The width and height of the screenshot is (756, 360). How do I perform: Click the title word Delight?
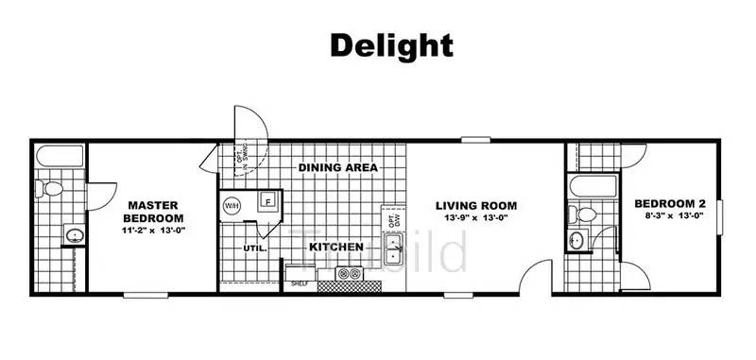pyautogui.click(x=390, y=44)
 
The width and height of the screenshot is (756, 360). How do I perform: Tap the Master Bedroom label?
pyautogui.click(x=147, y=211)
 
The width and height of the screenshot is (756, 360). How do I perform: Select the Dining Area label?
pyautogui.click(x=338, y=167)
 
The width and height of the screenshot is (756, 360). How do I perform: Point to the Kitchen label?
pyautogui.click(x=336, y=247)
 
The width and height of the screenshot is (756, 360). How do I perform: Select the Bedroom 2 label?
pyautogui.click(x=670, y=204)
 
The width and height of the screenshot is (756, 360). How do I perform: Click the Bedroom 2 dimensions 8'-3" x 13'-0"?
pyautogui.click(x=670, y=217)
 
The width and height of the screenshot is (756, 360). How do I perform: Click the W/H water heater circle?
pyautogui.click(x=232, y=205)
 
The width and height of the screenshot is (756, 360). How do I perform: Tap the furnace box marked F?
pyautogui.click(x=268, y=202)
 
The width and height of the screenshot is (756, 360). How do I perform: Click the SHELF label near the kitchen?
pyautogui.click(x=299, y=283)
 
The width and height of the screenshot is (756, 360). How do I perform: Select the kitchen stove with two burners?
pyautogui.click(x=349, y=275)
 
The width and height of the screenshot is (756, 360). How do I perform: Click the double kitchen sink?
pyautogui.click(x=398, y=251)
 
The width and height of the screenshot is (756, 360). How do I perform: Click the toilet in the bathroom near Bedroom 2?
pyautogui.click(x=586, y=214)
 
